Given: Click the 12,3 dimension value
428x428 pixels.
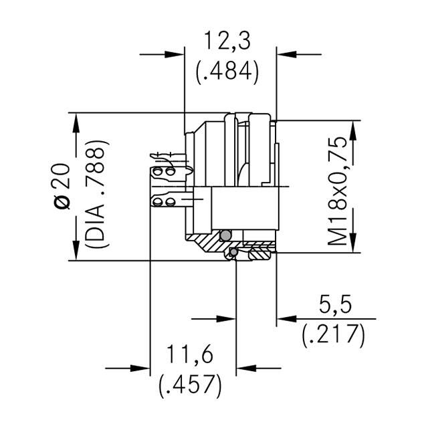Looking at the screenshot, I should click(x=227, y=42).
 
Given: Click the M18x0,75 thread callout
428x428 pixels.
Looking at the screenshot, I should click(x=339, y=191).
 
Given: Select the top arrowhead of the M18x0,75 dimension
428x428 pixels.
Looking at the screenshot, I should click(x=349, y=127).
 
